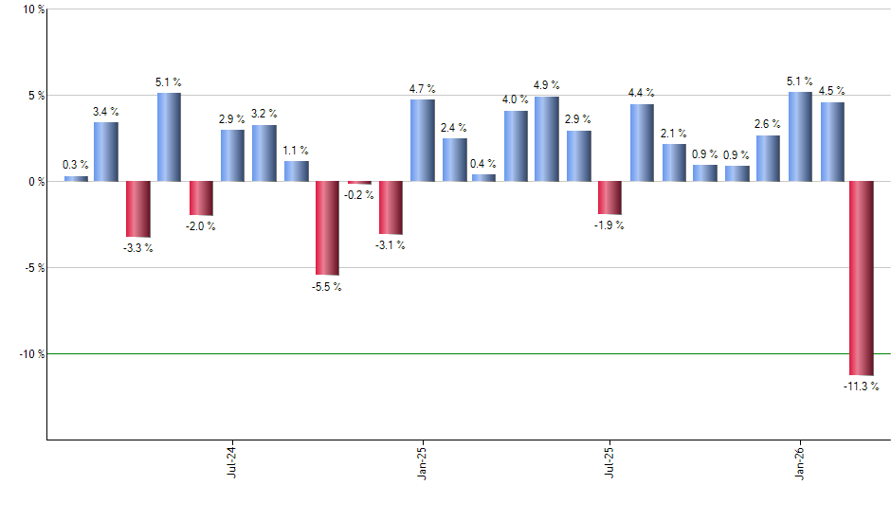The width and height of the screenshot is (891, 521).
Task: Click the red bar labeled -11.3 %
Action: [x=862, y=278]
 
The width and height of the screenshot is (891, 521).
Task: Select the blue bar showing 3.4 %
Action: [x=106, y=152]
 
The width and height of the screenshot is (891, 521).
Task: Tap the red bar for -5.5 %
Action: [x=328, y=227]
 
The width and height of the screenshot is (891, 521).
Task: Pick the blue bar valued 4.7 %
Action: [x=423, y=140]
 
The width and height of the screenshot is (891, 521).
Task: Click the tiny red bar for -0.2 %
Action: [x=359, y=183]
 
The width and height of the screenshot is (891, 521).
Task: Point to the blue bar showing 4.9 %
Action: [x=547, y=138]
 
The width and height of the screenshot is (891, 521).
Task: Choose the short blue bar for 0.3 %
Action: [x=76, y=178]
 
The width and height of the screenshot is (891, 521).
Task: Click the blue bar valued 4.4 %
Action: [x=642, y=142]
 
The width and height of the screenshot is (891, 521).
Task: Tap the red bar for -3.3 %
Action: [x=138, y=208]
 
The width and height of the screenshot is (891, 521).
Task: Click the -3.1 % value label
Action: [x=391, y=245]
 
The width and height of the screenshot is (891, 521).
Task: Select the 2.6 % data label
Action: [x=768, y=124]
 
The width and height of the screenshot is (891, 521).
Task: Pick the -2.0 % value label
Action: [x=201, y=226]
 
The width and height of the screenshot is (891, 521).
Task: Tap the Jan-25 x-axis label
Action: [x=422, y=462]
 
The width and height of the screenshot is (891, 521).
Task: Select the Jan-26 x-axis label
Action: [x=799, y=462]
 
